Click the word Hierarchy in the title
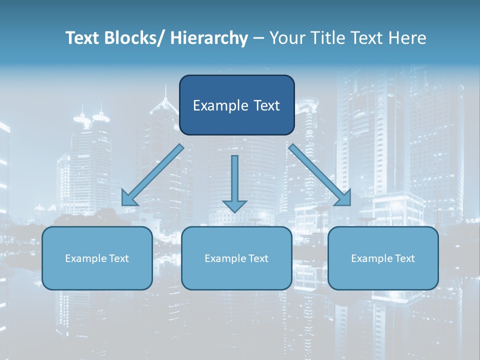click(x=209, y=38)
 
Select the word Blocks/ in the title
click(x=137, y=38)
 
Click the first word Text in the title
click(x=83, y=38)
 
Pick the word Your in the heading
click(x=286, y=38)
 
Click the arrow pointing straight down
click(x=234, y=180)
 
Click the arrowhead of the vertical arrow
click(x=234, y=205)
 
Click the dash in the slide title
click(x=258, y=38)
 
